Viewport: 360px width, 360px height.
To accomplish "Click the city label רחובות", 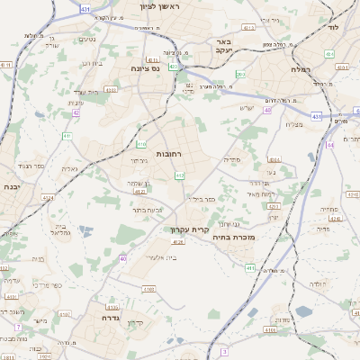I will (170, 154).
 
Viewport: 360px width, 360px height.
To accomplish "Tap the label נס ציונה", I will (144, 67).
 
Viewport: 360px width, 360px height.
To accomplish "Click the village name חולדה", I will (320, 283).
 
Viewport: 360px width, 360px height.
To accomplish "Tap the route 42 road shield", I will (76, 113).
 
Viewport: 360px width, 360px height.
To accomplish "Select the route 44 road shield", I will (330, 143).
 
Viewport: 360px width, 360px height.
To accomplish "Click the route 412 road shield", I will (180, 175).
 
